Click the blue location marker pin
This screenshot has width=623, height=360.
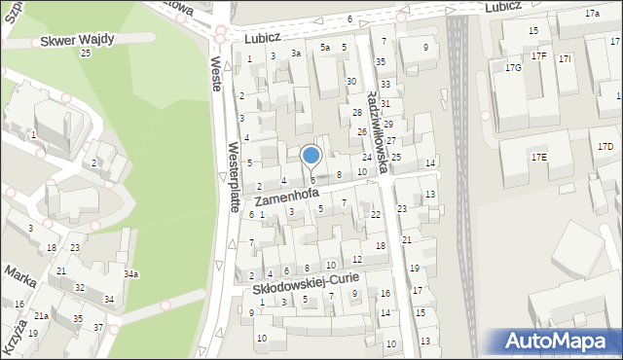coord(311,156)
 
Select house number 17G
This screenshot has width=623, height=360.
coord(513,67)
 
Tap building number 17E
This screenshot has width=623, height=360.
coord(538,157)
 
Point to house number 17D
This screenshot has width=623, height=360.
coord(605,147)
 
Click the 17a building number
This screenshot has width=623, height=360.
coord(592,14)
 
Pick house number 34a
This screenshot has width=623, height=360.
coord(130,274)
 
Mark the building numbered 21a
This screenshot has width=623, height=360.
coord(42,316)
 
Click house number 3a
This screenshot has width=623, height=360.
coord(296,54)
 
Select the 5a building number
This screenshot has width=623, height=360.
coord(325,48)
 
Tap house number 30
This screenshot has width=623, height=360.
coord(350,82)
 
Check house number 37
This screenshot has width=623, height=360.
coord(98,327)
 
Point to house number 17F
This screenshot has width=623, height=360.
coord(539,56)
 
